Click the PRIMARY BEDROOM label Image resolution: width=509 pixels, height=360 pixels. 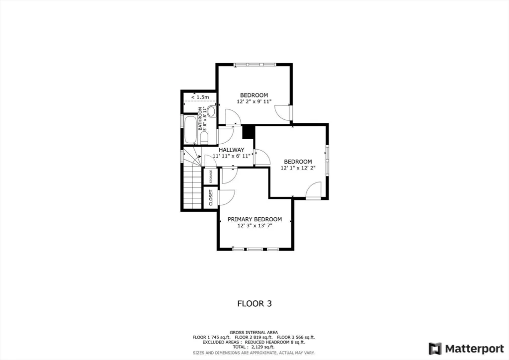coord(254,219)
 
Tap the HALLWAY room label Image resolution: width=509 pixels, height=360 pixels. coord(231,150)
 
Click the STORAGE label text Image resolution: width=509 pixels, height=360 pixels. coord(211,177)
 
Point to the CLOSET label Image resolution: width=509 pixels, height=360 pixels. coord(211,197)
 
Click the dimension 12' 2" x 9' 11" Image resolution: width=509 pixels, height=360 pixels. coord(254,101)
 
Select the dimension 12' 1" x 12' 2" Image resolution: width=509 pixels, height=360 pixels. coord(298,168)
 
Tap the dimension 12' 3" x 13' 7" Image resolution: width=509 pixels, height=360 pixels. coord(254,226)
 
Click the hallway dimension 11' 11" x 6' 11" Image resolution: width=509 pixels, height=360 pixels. coord(231,156)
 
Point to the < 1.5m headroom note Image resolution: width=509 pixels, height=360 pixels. coord(200,97)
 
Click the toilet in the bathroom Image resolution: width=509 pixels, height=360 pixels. coord(212,111)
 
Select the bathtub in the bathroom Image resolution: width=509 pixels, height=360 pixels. coord(190,130)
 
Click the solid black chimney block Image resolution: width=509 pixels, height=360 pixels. coord(248,132)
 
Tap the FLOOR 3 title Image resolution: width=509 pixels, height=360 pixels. coord(254,303)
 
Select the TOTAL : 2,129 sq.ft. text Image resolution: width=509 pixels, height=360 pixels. coord(254,347)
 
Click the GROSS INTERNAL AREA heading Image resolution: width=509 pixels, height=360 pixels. coord(254,332)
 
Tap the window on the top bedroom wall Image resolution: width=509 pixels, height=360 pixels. coord(254,64)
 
